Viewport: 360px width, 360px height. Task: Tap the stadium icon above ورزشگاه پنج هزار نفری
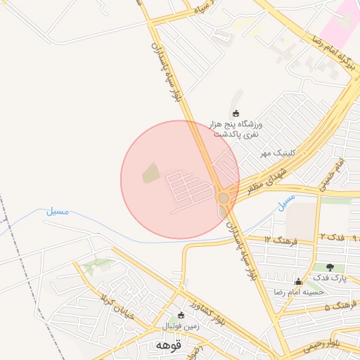tap(236, 113)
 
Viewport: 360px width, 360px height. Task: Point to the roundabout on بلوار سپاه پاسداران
tap(224, 198)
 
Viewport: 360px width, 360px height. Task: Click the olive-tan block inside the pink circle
tap(150, 173)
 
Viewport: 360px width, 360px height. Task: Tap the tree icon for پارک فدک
tap(330, 266)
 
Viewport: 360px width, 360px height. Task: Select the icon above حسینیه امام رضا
tap(297, 281)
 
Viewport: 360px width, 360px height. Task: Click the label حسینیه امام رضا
tap(298, 292)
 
